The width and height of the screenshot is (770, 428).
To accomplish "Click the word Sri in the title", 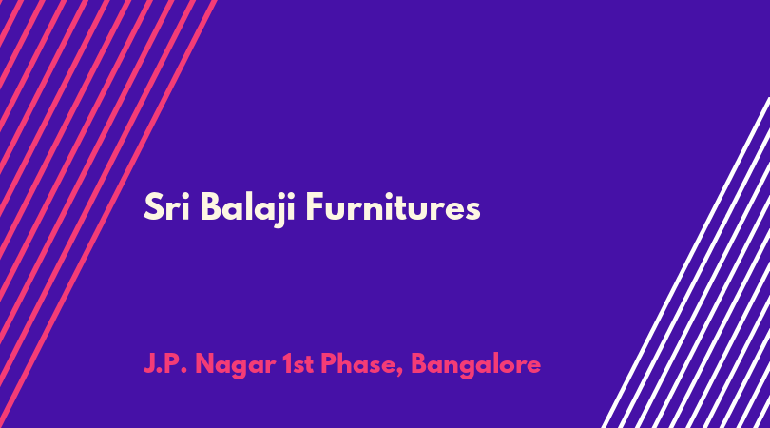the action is [x=167, y=207].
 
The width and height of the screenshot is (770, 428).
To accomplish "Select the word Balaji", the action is [x=247, y=208].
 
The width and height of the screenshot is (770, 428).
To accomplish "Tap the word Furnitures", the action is [x=393, y=207].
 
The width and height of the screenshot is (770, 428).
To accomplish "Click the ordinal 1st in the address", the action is [x=298, y=364].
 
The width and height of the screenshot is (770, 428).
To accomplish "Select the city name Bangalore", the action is [x=476, y=365].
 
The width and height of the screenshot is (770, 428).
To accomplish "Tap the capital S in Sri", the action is [x=153, y=207].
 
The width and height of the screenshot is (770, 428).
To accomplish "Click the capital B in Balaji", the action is [x=210, y=207].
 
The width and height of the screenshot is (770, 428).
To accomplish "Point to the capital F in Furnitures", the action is [x=315, y=207].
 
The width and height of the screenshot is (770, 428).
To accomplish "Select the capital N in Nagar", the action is [x=205, y=364].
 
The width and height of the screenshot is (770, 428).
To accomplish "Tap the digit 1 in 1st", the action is [x=287, y=364].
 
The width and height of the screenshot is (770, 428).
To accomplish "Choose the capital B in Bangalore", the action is [x=420, y=364].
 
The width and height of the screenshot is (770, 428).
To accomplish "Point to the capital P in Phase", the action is [x=329, y=364].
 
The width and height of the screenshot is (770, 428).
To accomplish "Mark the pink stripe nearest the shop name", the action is [x=108, y=214].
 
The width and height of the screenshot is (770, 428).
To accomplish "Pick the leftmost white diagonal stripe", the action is [x=685, y=263].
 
